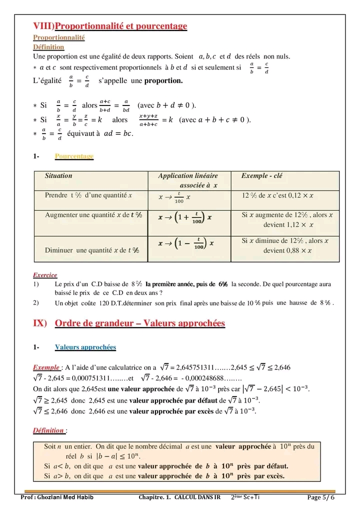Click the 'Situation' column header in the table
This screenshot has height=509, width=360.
coord(58,176)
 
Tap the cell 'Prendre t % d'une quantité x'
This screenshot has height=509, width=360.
coord(88,195)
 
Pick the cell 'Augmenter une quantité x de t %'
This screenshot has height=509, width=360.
coord(93,215)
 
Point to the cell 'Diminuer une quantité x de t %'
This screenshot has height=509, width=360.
coord(92,250)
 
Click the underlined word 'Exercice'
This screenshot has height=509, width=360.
coord(45,275)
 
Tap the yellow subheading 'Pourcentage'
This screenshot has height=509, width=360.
coord(74,156)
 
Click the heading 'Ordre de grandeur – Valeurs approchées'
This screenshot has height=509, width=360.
coord(140,323)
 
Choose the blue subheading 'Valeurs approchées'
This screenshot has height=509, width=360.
coord(85,347)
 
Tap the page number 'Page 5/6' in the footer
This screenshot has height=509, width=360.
coord(320,497)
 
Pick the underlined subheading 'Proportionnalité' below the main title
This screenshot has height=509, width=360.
coord(59,37)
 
